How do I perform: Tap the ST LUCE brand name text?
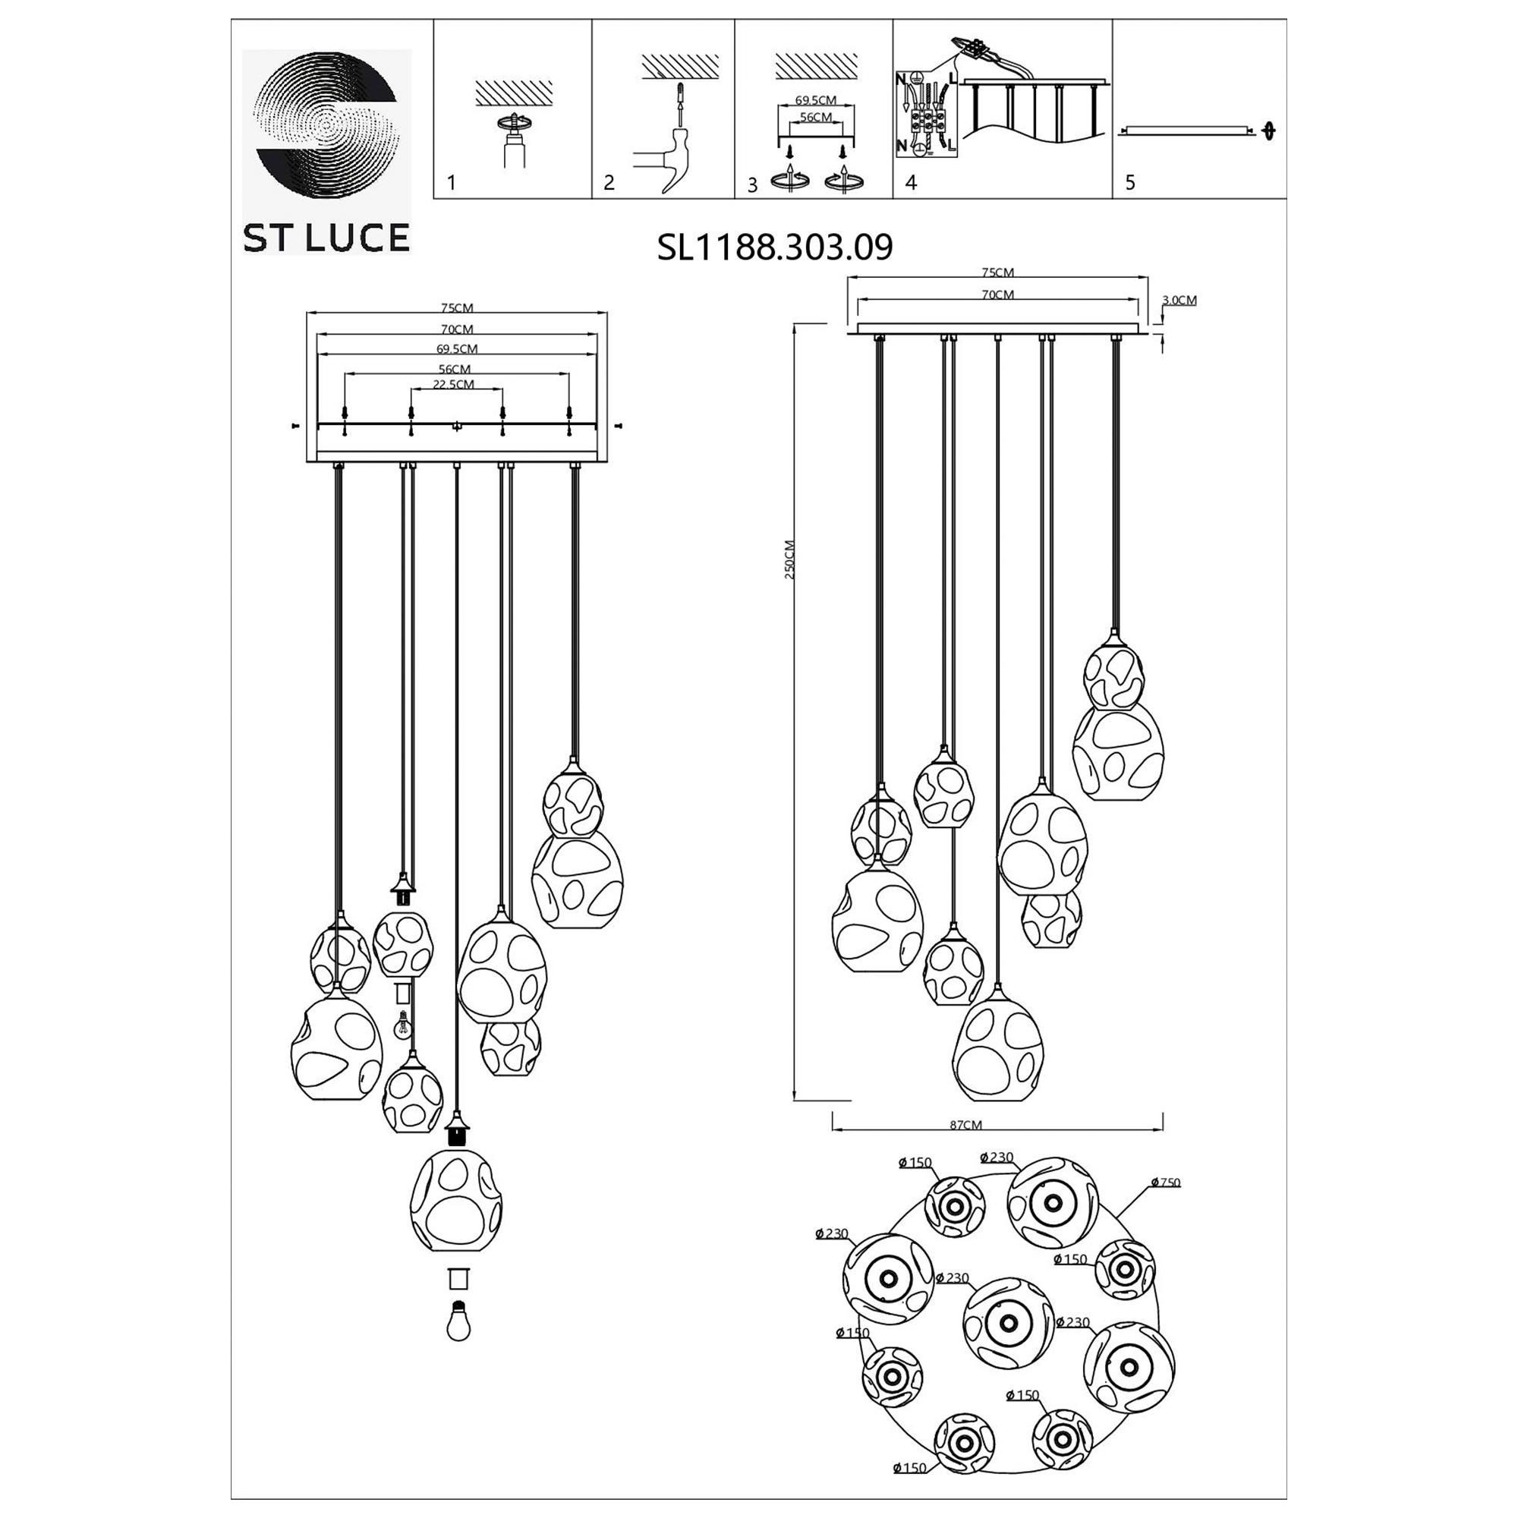pyautogui.click(x=326, y=238)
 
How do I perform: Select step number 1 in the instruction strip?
pyautogui.click(x=451, y=183)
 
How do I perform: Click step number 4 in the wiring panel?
pyautogui.click(x=911, y=183)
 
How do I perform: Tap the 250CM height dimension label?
pyautogui.click(x=789, y=559)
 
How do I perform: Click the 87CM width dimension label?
pyautogui.click(x=965, y=1124)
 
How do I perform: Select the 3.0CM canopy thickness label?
pyautogui.click(x=1179, y=300)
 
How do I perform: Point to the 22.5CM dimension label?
pyautogui.click(x=454, y=384)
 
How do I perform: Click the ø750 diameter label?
pyautogui.click(x=1165, y=1183)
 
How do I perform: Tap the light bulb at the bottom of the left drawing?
pyautogui.click(x=458, y=1322)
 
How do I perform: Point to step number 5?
pyautogui.click(x=1130, y=183)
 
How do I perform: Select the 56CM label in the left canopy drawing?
pyautogui.click(x=454, y=369)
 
